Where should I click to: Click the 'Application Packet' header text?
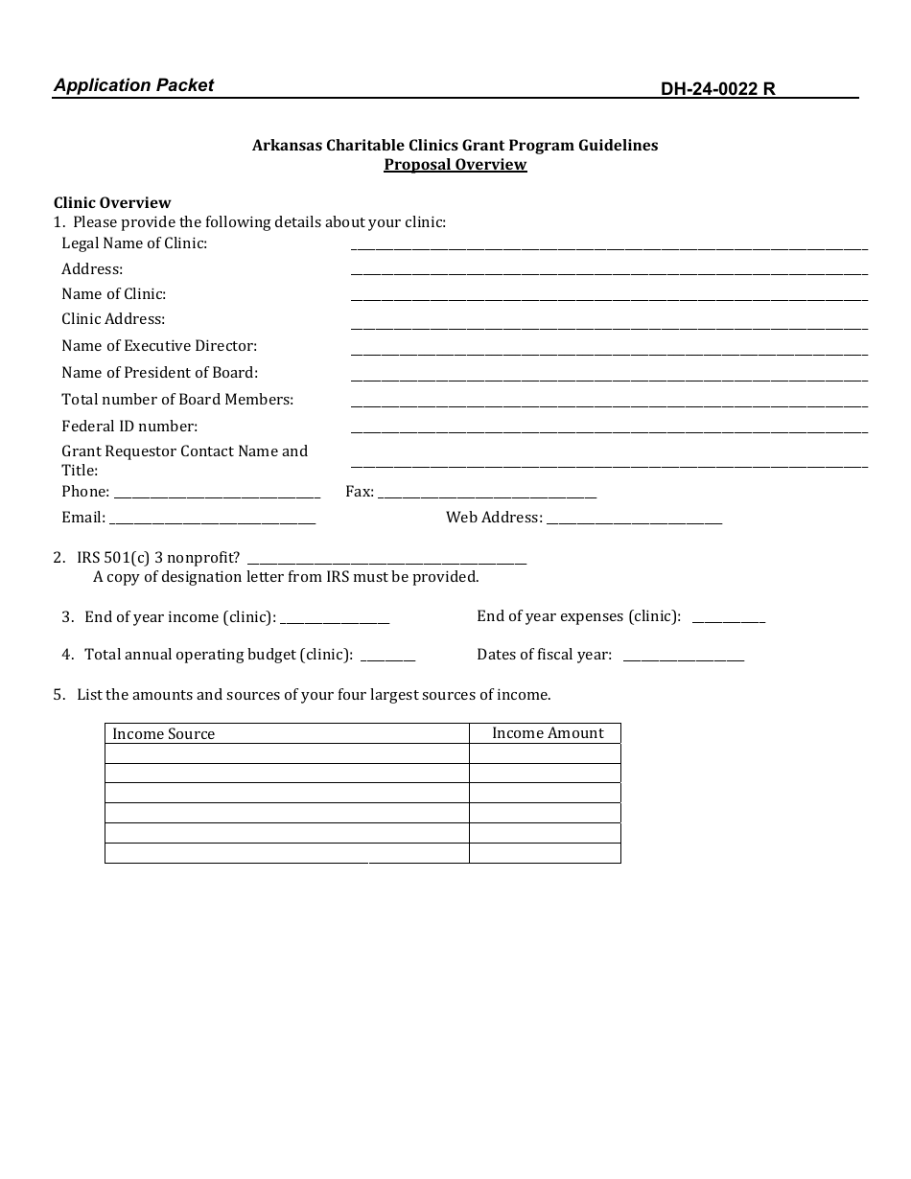point(133,85)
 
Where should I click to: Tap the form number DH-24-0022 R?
point(717,90)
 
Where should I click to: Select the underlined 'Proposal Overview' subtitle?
point(455,164)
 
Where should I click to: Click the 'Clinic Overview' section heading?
point(112,202)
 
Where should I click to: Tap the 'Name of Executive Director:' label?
point(159,346)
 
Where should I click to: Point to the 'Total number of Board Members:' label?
point(177,400)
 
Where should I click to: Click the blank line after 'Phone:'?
point(217,493)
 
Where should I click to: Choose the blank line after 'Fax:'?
point(487,493)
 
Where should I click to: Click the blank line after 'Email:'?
point(213,519)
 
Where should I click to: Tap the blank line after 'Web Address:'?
point(634,519)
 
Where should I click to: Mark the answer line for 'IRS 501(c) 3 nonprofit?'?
point(386,559)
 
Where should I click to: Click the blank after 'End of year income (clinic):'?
point(335,618)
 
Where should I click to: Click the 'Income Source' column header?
point(164,734)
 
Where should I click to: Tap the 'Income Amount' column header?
point(548,733)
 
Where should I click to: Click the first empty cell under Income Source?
point(287,753)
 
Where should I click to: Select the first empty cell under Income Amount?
point(545,753)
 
